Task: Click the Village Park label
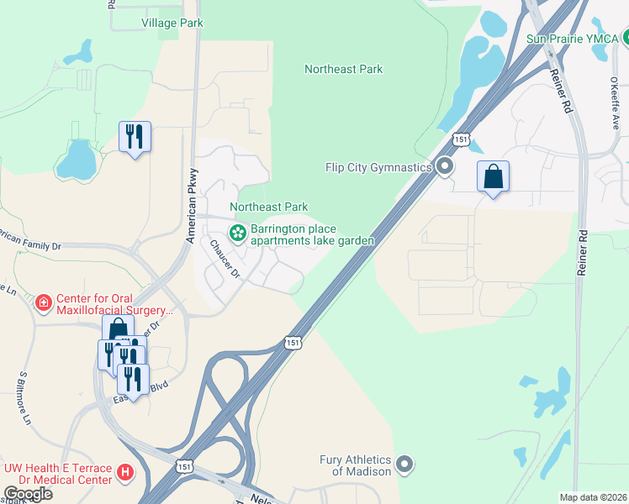click(x=172, y=23)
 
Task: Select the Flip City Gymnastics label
click(x=378, y=167)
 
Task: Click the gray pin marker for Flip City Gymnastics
click(x=445, y=167)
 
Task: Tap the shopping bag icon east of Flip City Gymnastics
click(x=493, y=178)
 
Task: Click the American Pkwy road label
click(x=192, y=217)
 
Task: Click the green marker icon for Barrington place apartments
click(x=238, y=230)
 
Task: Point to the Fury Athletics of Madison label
click(x=355, y=465)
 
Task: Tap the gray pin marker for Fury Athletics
click(x=405, y=464)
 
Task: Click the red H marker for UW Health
click(x=125, y=474)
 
